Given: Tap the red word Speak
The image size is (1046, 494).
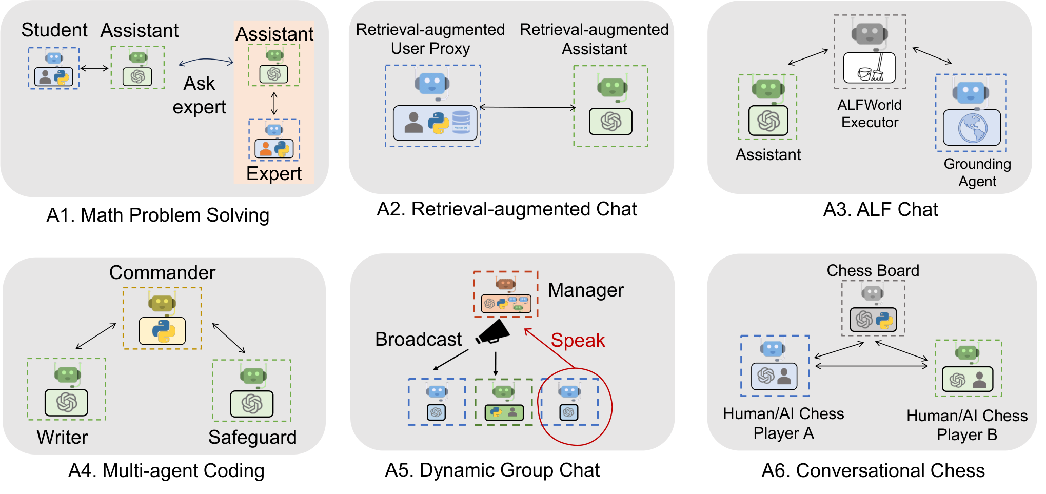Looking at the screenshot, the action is [x=578, y=340].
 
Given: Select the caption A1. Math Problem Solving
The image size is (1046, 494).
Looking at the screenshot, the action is [x=157, y=215].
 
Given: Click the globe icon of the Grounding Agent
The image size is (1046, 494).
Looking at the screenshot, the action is [x=972, y=128].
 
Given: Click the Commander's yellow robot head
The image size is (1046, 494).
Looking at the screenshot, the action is [x=162, y=303].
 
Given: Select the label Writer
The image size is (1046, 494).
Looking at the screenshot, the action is [x=63, y=437].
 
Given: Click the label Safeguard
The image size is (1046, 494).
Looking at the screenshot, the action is [x=252, y=437].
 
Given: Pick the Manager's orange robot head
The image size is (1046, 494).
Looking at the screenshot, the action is [x=505, y=283].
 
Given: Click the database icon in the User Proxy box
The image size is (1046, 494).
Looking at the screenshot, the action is [x=461, y=122].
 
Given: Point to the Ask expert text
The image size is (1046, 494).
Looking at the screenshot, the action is [x=200, y=95].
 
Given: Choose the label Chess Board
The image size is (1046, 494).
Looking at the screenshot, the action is [x=873, y=270].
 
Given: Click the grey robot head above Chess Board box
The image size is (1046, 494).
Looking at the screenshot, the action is [x=872, y=293].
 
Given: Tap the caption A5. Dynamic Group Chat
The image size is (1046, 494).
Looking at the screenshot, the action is [x=492, y=470].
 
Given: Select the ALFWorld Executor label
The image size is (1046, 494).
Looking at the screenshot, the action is [x=870, y=113].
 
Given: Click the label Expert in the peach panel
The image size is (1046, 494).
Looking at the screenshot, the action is [x=274, y=173].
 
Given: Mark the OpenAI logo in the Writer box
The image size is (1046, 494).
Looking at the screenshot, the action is [x=66, y=402].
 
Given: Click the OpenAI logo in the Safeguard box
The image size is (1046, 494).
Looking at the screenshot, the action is [x=252, y=404].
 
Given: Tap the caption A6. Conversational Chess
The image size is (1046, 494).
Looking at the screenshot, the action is [x=873, y=470].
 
